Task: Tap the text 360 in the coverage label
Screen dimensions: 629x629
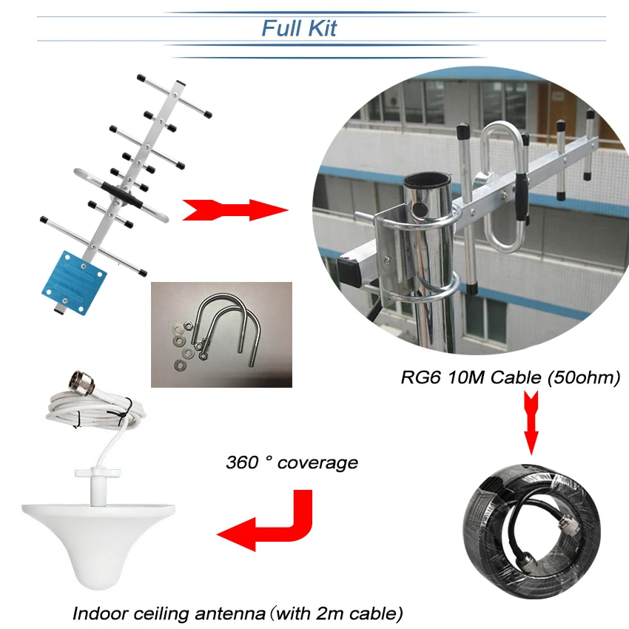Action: pyautogui.click(x=241, y=463)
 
